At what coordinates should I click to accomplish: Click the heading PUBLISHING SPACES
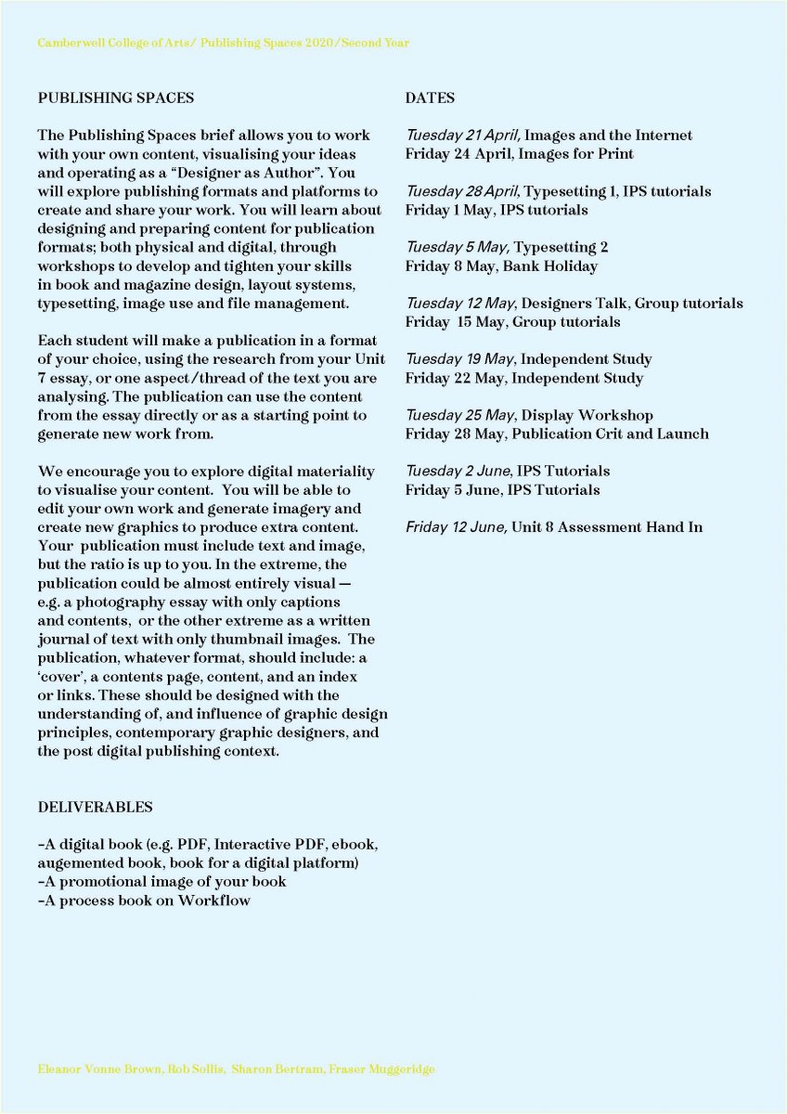pyautogui.click(x=116, y=97)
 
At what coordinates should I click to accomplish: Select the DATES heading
pyautogui.click(x=430, y=97)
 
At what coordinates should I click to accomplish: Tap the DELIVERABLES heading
pyautogui.click(x=95, y=807)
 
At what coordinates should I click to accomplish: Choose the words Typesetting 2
pyautogui.click(x=561, y=247)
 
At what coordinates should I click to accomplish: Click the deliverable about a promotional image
pyautogui.click(x=162, y=881)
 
